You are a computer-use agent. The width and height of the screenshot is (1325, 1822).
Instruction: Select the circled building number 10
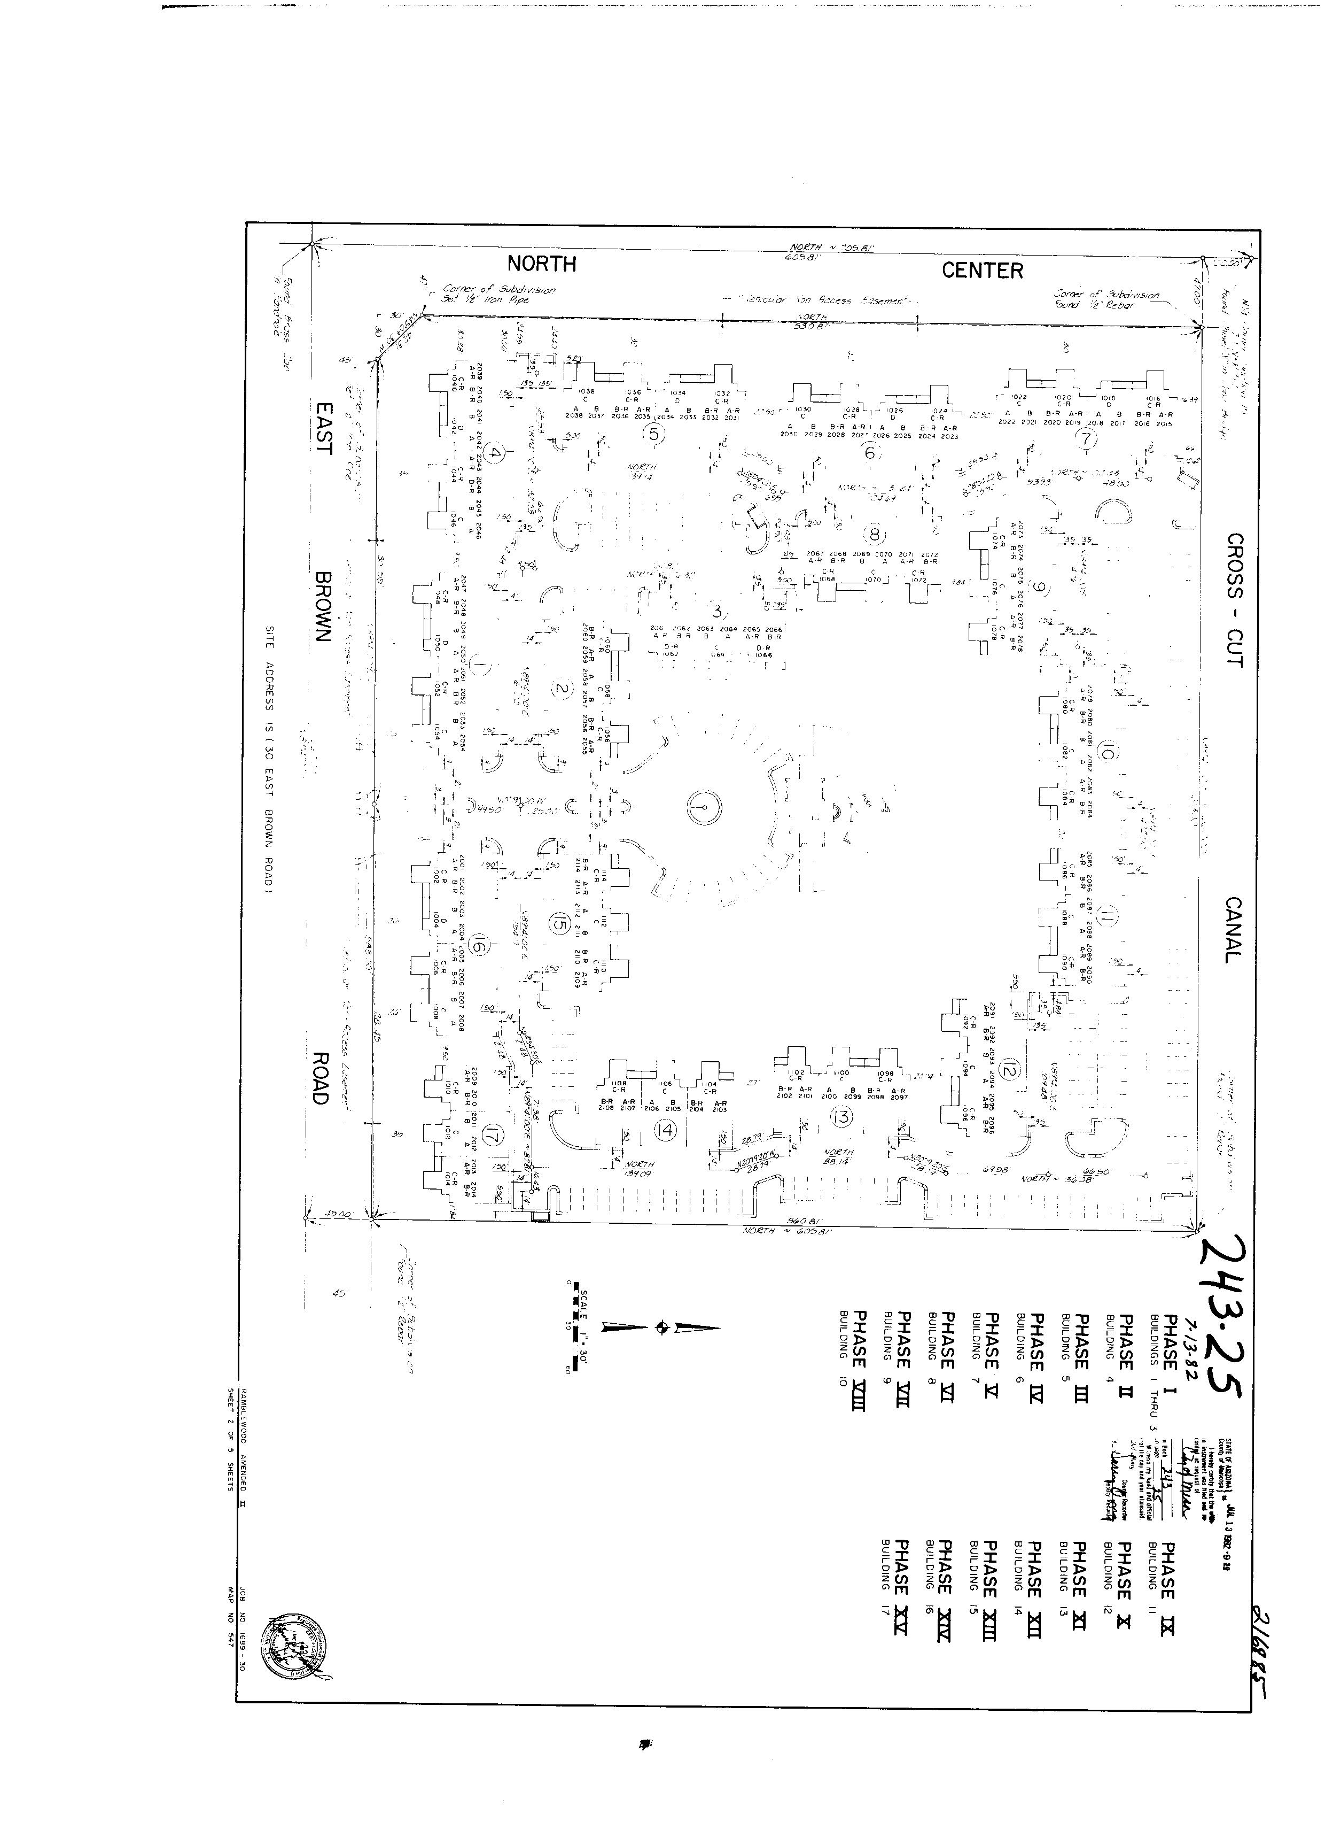coord(1108,753)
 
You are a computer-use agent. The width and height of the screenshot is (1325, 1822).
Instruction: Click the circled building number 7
coord(1088,439)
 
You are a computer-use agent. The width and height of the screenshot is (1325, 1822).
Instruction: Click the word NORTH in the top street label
coord(541,264)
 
